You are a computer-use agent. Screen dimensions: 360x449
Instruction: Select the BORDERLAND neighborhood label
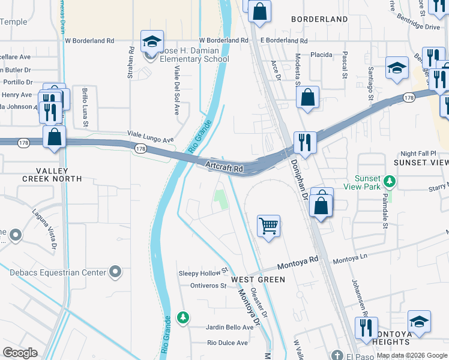[319, 19]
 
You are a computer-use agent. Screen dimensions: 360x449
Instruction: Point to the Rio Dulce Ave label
[227, 343]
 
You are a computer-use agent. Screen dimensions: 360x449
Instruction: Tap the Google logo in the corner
[20, 352]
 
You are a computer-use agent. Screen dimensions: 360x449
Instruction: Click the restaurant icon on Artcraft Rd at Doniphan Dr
[305, 143]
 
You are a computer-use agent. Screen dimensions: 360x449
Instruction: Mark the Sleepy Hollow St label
[204, 272]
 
